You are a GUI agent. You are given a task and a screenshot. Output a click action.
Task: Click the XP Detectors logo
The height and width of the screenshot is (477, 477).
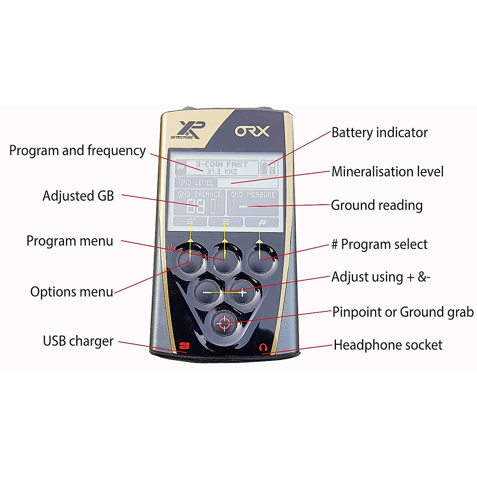188,130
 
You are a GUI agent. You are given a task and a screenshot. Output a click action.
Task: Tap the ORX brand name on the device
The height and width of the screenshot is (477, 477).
252,131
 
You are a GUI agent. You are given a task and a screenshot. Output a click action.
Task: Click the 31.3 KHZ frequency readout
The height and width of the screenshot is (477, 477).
222,172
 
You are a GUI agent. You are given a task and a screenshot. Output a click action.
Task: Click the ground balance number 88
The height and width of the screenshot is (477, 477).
196,206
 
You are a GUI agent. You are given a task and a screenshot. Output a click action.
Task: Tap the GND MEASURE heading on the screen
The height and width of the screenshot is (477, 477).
253,194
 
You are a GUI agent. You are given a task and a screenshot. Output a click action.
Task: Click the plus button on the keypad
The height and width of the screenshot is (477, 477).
242,293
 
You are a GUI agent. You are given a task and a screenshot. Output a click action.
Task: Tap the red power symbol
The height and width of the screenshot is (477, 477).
171,248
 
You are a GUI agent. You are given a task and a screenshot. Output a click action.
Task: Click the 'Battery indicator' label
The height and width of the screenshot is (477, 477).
379,133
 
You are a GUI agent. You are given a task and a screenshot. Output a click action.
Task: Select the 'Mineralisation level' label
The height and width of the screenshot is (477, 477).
387,172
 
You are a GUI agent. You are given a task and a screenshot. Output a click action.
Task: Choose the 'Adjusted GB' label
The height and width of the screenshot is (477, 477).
78,196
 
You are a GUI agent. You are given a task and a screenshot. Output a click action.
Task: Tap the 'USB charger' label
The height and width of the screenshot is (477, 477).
78,341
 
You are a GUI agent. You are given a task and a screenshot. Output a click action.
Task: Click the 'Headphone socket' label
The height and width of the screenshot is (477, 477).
388,345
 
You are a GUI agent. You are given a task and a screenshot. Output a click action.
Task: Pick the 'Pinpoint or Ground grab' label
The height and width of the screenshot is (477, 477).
402,312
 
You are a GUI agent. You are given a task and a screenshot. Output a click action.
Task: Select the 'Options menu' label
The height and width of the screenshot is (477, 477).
72,292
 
